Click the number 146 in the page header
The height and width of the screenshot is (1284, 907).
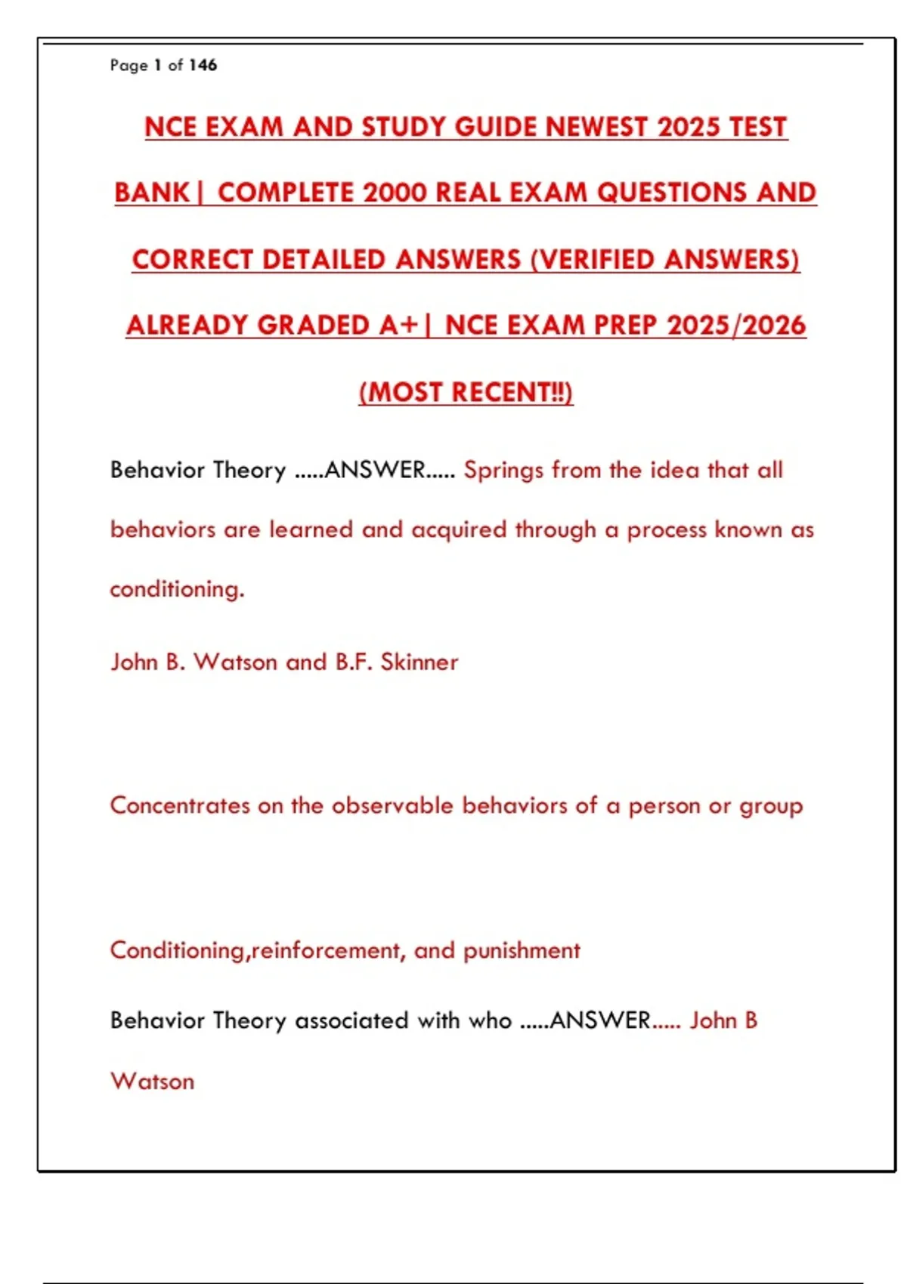203,65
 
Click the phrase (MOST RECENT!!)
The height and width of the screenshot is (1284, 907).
466,392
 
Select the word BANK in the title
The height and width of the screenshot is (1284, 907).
152,193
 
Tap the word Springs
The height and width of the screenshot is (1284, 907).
503,470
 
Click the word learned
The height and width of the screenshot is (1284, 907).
311,529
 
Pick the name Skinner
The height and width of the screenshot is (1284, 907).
419,662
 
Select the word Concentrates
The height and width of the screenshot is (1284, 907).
180,805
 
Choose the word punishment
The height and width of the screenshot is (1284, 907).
522,950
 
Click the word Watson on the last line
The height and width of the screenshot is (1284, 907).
153,1082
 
